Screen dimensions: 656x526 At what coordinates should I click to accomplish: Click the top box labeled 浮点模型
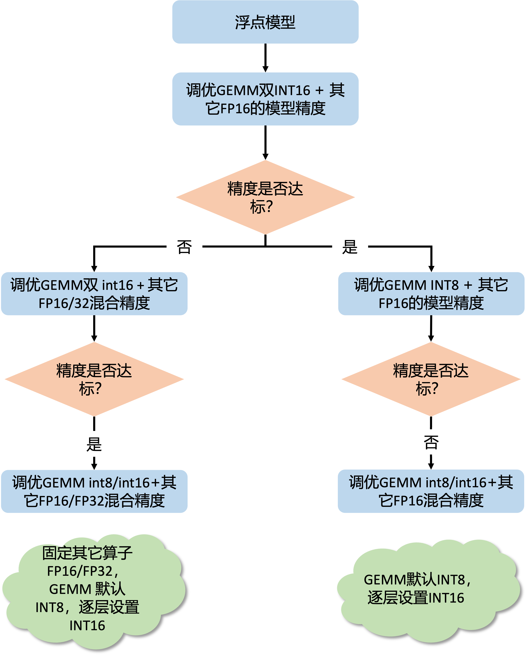click(x=265, y=22)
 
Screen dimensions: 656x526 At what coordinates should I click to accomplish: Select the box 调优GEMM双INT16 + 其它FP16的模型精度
click(x=265, y=99)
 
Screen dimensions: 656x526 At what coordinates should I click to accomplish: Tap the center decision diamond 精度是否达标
click(x=265, y=197)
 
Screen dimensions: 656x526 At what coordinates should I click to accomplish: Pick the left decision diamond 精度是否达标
click(x=94, y=379)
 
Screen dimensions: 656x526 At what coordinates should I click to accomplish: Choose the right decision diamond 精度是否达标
click(x=431, y=379)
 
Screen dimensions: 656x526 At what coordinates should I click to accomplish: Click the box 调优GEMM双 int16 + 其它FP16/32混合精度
click(x=94, y=294)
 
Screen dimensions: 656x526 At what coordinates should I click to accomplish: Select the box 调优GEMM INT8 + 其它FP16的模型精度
click(x=431, y=294)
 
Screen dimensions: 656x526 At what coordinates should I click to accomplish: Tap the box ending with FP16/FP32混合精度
click(x=94, y=491)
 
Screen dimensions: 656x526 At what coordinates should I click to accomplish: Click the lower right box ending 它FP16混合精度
click(x=431, y=491)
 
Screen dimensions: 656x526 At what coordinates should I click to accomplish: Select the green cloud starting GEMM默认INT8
click(x=426, y=590)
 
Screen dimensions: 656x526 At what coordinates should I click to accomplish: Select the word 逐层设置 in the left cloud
click(x=109, y=608)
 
